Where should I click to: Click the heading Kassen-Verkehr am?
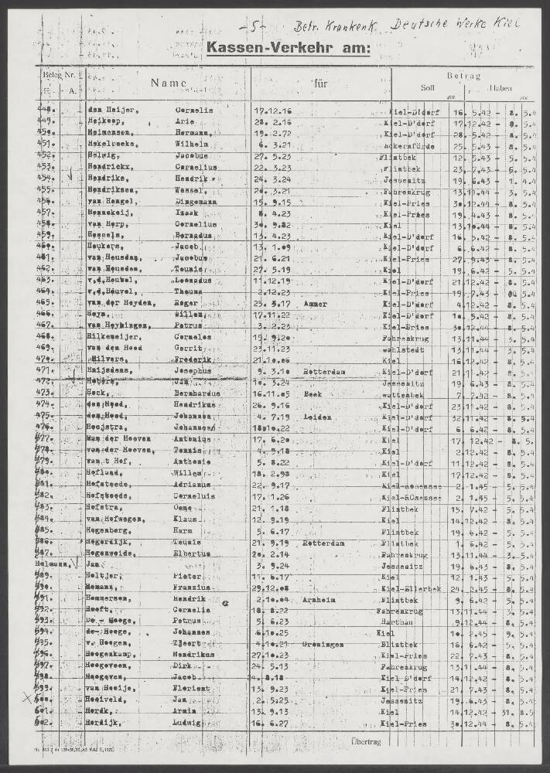click(x=289, y=50)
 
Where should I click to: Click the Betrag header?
click(x=464, y=76)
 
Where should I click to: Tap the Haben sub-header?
click(x=500, y=88)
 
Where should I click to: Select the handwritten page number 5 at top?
click(x=254, y=27)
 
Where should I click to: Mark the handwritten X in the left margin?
click(x=28, y=697)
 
